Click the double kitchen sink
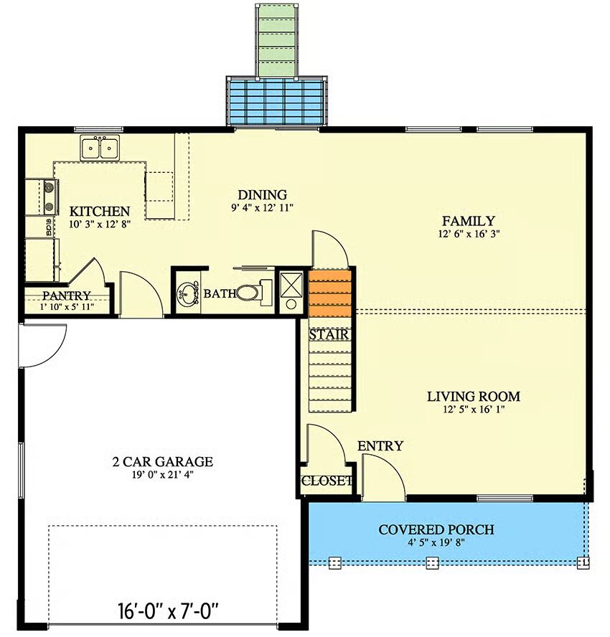tap(100, 148)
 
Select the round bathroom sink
tap(187, 293)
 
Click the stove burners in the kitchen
tap(50, 197)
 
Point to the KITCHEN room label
tap(100, 211)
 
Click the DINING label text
tap(262, 195)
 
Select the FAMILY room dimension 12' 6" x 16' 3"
tap(469, 234)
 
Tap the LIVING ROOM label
tap(474, 396)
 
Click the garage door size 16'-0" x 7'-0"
tap(168, 610)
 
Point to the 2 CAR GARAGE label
tap(163, 461)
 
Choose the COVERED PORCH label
tap(436, 529)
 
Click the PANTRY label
tap(67, 296)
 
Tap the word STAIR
tap(329, 335)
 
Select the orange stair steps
tap(329, 293)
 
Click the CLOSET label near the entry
tap(327, 481)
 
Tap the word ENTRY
tap(380, 445)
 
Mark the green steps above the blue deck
tap(276, 40)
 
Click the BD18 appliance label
tap(50, 227)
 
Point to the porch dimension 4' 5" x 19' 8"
tap(436, 542)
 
